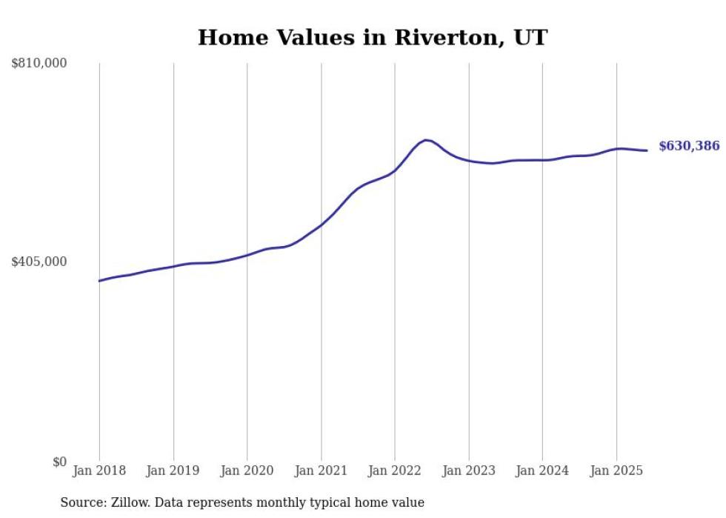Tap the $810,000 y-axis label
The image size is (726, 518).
coord(39,64)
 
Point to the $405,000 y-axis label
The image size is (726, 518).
coord(39,262)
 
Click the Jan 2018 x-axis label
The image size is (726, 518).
coord(99,471)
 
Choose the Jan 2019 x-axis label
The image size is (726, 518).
coord(173,471)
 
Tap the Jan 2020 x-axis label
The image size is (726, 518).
coord(247,471)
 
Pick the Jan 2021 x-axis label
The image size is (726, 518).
coord(321,471)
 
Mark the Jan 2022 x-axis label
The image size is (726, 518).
coord(395,471)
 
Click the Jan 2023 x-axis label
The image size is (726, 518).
coord(468,471)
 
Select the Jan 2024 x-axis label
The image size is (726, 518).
coord(542,471)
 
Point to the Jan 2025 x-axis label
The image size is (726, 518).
coord(616,471)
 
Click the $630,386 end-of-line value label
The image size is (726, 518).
coord(689,146)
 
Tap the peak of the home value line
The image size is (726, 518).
coord(425,139)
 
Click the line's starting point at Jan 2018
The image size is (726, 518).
coord(99,281)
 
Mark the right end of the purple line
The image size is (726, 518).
coord(647,150)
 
